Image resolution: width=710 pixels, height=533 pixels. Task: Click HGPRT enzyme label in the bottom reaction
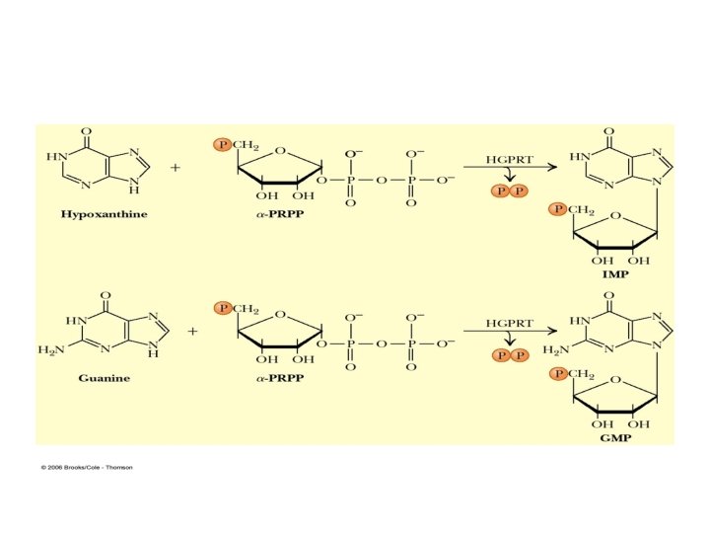click(509, 322)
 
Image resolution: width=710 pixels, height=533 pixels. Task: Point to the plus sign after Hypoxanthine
click(176, 168)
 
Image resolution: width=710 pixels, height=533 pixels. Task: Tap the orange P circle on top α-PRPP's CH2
click(222, 144)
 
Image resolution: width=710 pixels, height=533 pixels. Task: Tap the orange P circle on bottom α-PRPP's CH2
click(224, 308)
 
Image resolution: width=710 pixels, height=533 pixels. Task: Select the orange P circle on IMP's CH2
click(559, 209)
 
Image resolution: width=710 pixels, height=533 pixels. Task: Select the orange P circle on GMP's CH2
click(559, 373)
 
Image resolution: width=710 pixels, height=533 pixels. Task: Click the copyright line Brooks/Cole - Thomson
click(87, 467)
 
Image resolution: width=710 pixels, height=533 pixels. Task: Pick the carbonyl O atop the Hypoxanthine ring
click(86, 130)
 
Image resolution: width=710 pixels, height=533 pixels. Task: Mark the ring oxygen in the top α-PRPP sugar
click(281, 151)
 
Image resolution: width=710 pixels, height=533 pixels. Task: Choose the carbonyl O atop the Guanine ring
click(102, 294)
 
